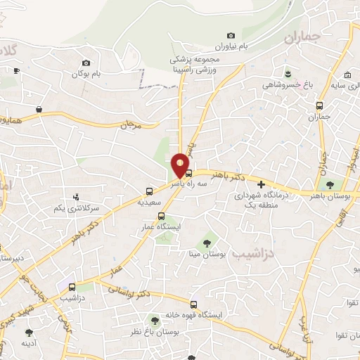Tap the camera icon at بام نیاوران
point(231,36)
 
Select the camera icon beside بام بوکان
point(86,63)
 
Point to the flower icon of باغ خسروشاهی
point(287,73)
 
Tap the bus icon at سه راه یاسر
point(188,172)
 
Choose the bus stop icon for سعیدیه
point(149,191)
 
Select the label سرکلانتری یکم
point(79,210)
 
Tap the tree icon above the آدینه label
point(29,333)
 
